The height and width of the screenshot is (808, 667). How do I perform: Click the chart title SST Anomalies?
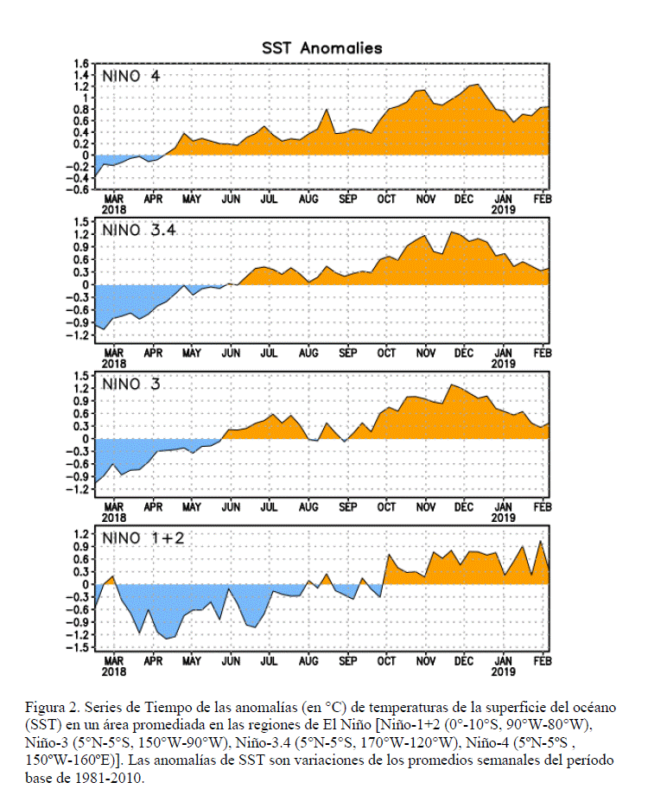click(x=322, y=48)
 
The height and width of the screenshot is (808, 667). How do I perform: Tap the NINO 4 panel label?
click(x=130, y=76)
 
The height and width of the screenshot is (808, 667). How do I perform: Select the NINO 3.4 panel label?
click(x=139, y=230)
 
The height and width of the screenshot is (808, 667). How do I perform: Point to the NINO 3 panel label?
click(x=130, y=384)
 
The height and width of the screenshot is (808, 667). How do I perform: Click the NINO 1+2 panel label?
click(x=143, y=538)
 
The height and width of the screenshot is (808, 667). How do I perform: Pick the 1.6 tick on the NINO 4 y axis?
click(x=81, y=64)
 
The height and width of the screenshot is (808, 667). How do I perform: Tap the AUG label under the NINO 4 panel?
click(x=308, y=199)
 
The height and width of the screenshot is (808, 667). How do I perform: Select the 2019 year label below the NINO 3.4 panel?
click(x=503, y=364)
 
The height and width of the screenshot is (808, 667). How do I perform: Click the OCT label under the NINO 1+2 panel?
click(x=386, y=661)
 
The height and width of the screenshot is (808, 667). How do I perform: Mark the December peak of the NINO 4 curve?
click(x=478, y=85)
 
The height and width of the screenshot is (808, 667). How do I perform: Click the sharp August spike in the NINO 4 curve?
click(x=327, y=109)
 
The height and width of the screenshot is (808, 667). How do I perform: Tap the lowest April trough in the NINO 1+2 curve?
click(x=167, y=639)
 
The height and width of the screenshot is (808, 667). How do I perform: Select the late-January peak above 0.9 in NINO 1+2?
click(x=540, y=541)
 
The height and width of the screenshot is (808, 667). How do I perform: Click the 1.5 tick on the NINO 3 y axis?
click(x=81, y=376)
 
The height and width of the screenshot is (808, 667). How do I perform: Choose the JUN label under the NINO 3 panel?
click(x=231, y=507)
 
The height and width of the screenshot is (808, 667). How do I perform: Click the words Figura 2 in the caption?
click(x=53, y=708)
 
